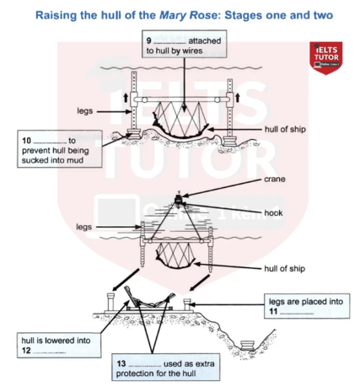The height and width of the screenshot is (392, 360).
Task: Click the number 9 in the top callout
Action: (x=148, y=40)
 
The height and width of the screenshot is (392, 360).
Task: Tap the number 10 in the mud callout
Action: (x=26, y=140)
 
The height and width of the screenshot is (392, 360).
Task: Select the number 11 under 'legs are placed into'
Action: (x=273, y=311)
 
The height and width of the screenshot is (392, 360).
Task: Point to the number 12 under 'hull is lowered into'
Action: (x=26, y=351)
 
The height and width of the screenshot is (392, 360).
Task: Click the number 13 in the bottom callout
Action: (x=121, y=363)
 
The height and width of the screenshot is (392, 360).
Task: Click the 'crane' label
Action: (x=275, y=180)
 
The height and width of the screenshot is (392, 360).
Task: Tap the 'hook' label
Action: (x=273, y=213)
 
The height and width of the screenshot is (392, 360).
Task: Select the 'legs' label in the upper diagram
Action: (x=85, y=111)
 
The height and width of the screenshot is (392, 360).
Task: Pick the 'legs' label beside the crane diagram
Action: (x=83, y=227)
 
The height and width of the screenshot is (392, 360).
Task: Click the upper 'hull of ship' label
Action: (x=285, y=129)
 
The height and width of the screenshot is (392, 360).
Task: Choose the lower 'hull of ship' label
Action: (x=284, y=269)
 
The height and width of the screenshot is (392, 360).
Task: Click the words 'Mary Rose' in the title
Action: (x=188, y=15)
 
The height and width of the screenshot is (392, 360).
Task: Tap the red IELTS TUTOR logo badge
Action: (x=326, y=58)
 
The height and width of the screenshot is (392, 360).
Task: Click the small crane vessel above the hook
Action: (x=178, y=199)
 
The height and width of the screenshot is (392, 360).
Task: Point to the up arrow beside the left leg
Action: (x=126, y=98)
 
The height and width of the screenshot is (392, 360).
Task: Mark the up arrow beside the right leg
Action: (x=238, y=98)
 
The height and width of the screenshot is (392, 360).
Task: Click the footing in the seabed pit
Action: (x=248, y=346)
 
